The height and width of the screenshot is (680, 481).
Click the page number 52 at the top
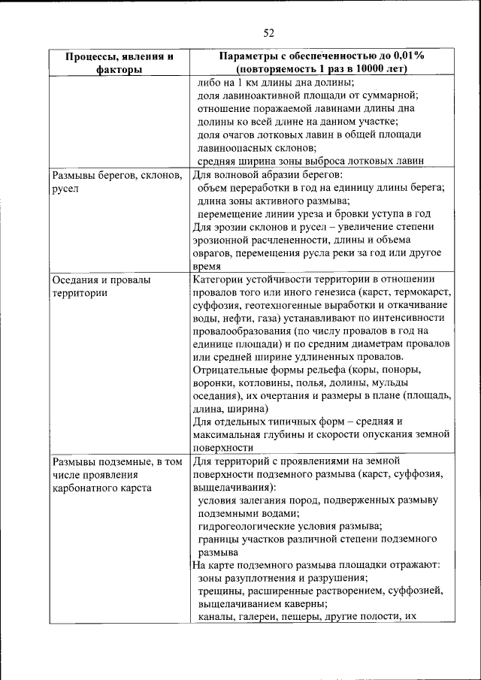pyautogui.click(x=270, y=32)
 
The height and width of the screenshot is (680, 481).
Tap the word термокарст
pyautogui.click(x=425, y=292)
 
